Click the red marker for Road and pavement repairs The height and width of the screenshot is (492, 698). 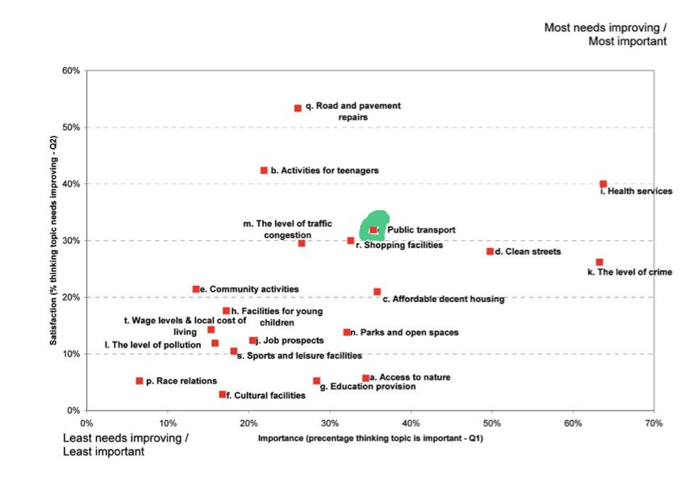[x=298, y=108]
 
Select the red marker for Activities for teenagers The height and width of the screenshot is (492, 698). [x=264, y=170]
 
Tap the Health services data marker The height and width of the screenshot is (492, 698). [x=603, y=184]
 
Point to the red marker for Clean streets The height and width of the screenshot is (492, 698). [x=490, y=251]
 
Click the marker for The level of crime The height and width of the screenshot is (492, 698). [x=600, y=262]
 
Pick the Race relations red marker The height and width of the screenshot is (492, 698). [x=140, y=381]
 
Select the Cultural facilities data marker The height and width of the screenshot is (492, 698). [x=223, y=394]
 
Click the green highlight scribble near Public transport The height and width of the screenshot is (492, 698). [x=373, y=226]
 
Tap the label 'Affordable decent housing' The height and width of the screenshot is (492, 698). [x=443, y=299]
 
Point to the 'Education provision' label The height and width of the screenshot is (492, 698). [x=368, y=387]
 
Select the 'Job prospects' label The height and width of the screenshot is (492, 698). [x=289, y=341]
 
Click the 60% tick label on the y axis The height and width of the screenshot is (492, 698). [x=70, y=71]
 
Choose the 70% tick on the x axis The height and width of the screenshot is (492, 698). [x=654, y=423]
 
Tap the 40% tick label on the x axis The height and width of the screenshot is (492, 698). [x=411, y=423]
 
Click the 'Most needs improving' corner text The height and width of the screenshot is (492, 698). [x=605, y=34]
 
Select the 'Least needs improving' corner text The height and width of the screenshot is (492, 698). [x=126, y=444]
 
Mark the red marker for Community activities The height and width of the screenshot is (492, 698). [x=196, y=289]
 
